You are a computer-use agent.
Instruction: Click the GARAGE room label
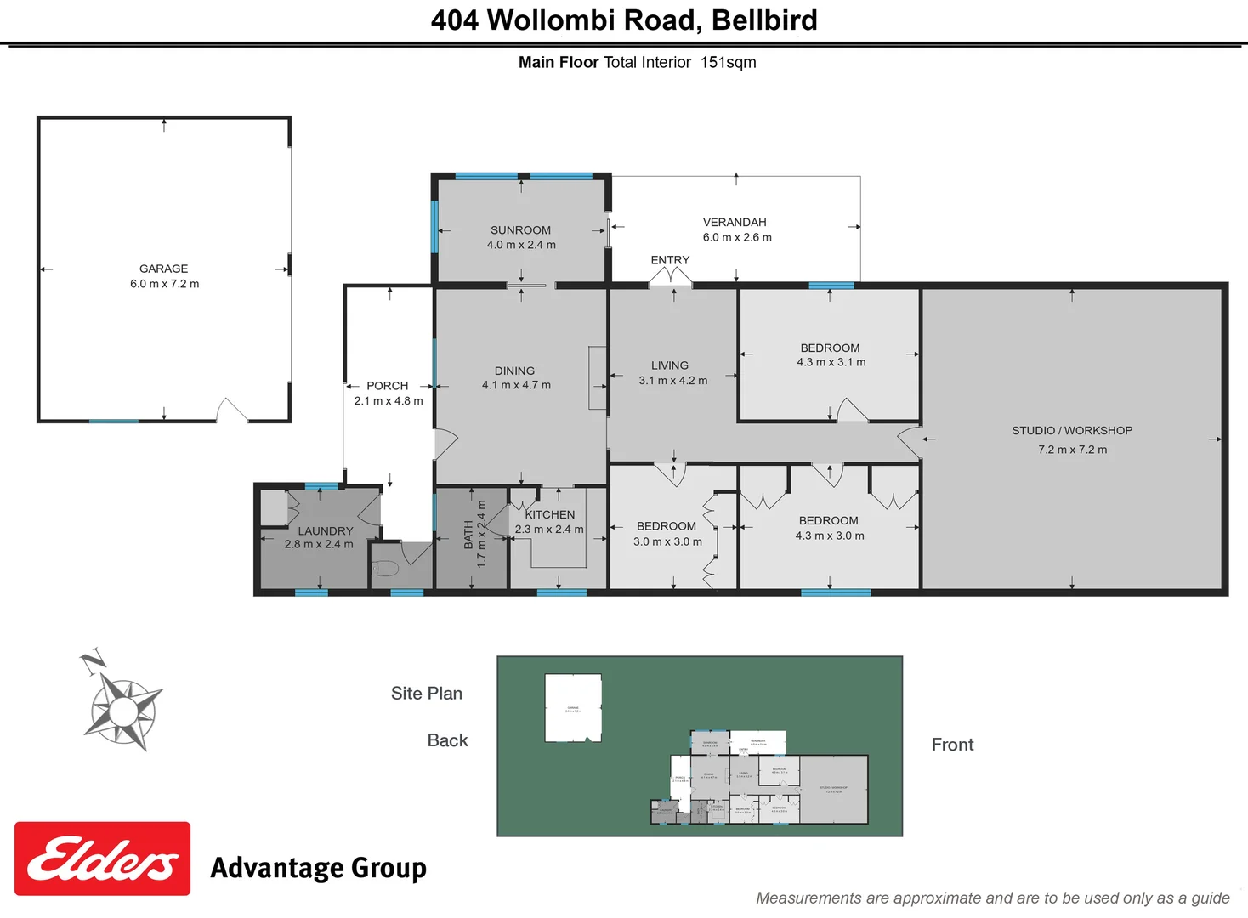(x=164, y=269)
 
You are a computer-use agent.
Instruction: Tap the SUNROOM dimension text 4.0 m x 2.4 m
(x=521, y=245)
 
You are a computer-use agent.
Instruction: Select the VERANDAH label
(x=735, y=222)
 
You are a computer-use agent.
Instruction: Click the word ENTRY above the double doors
(x=670, y=260)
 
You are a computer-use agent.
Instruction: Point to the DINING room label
(x=514, y=371)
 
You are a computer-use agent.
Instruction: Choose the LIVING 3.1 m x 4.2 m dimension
(x=672, y=381)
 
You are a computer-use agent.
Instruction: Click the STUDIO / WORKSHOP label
(x=1071, y=431)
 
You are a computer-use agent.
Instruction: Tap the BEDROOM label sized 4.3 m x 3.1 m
(x=830, y=348)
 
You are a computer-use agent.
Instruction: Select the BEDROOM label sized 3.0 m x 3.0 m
(x=666, y=526)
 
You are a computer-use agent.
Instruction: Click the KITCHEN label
(x=550, y=514)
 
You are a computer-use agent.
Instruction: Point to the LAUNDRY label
(x=325, y=530)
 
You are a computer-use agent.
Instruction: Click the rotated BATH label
(x=468, y=535)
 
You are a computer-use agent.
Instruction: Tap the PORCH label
(x=387, y=386)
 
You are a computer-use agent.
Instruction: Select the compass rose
(x=123, y=707)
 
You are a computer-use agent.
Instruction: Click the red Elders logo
(x=102, y=858)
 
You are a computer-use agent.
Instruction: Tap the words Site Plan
(x=426, y=694)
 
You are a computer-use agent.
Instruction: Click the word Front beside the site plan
(x=952, y=745)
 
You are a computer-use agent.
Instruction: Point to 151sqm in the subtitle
(x=728, y=62)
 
